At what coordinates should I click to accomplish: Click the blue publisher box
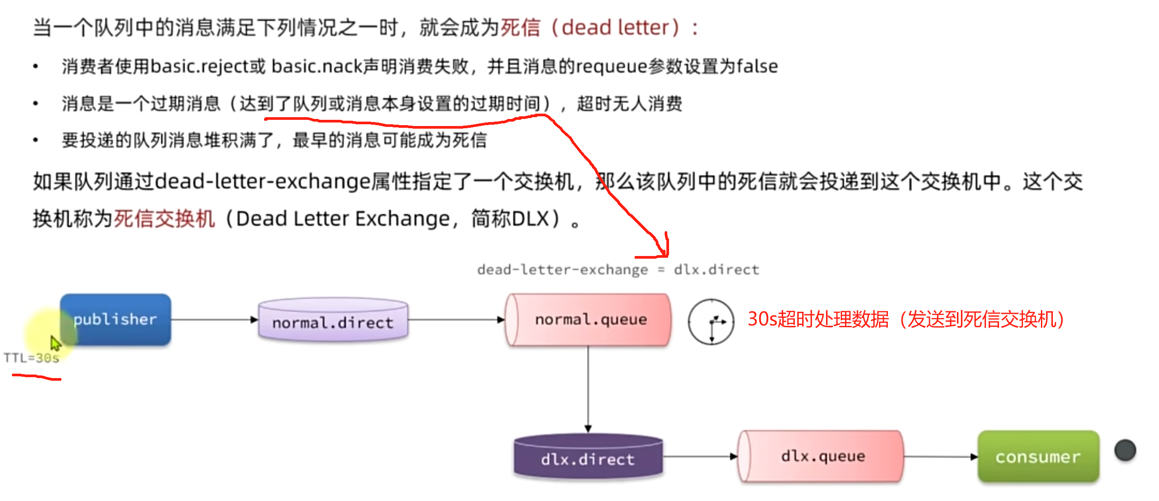[x=115, y=319]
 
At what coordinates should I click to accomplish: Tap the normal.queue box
[x=589, y=319]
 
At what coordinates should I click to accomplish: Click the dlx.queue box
[x=822, y=456]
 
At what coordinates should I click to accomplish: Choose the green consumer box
[x=1037, y=456]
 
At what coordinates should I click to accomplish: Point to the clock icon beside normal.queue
[x=711, y=321]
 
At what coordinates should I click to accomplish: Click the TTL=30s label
[x=31, y=358]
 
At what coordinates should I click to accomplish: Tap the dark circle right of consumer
[x=1125, y=450]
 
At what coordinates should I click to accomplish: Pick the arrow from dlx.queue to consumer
[x=941, y=456]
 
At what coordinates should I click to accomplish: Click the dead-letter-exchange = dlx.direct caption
[x=618, y=270]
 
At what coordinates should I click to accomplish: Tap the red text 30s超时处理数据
[x=818, y=319]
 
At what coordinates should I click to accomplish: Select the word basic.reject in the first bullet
[x=200, y=67]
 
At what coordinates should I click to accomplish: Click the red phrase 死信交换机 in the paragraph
[x=164, y=219]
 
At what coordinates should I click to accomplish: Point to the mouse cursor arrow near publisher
[x=55, y=343]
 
